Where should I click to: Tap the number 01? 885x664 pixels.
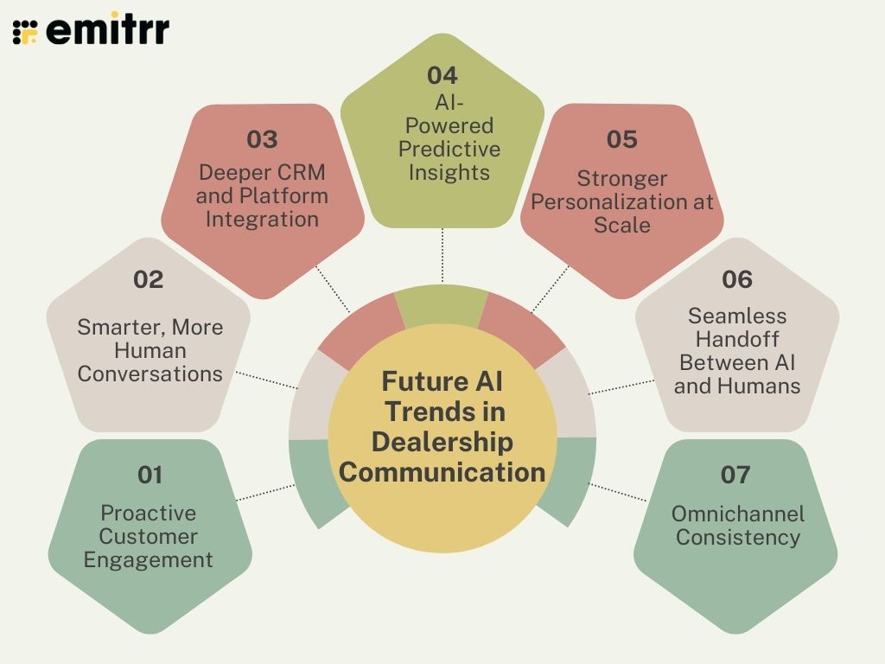[150, 475]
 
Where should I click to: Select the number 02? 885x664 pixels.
[148, 279]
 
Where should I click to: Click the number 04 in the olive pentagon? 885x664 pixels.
[442, 75]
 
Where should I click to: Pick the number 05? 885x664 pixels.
[621, 139]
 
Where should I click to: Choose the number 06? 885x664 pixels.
[736, 279]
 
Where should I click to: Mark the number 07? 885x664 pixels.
[735, 475]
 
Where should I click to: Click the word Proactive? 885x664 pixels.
[148, 513]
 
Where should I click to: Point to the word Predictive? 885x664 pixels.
[449, 149]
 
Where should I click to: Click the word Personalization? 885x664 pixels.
[622, 201]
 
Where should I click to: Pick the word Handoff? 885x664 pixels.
[737, 339]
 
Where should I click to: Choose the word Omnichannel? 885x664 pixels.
[737, 514]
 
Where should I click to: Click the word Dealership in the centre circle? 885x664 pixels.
[442, 441]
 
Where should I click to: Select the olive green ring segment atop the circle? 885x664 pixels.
[441, 304]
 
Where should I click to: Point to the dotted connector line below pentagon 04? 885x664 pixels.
[442, 255]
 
